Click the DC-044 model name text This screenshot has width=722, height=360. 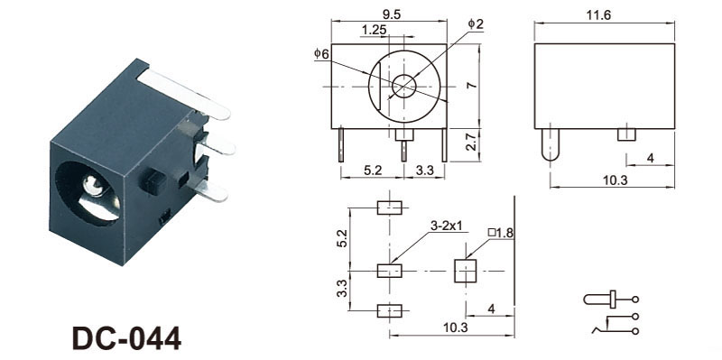point(127,338)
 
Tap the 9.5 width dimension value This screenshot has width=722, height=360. point(391,14)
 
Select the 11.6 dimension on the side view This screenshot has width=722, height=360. point(599,15)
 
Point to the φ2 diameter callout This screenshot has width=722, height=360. point(477,24)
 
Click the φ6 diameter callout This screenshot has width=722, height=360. point(322,54)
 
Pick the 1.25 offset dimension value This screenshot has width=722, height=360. point(374,30)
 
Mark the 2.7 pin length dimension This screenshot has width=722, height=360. point(471,145)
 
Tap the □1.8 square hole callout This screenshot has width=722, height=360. point(501,233)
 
